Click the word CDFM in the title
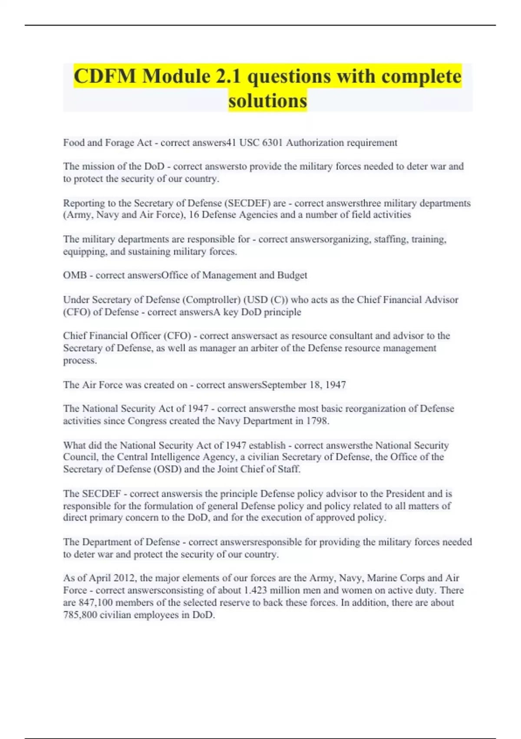click(x=105, y=77)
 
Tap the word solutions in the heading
click(x=267, y=101)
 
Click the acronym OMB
click(x=75, y=275)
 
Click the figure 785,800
click(x=80, y=615)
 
